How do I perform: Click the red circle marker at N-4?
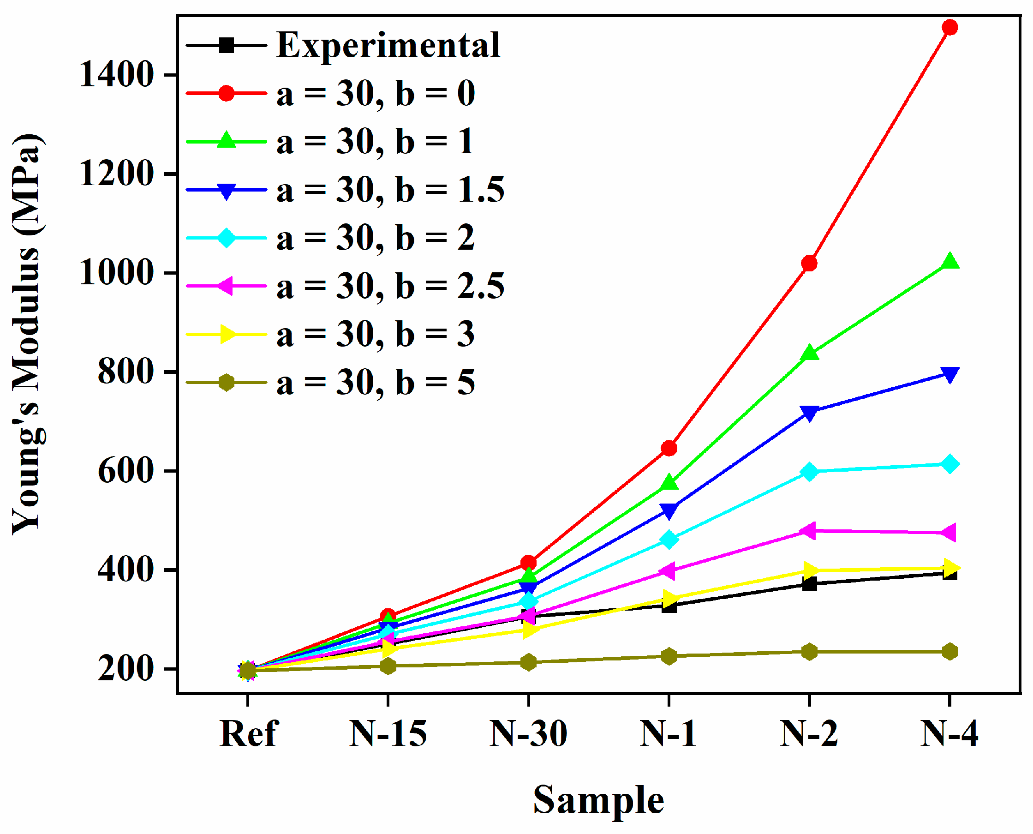(949, 27)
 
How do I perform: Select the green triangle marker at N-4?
(949, 262)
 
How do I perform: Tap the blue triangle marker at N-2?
(809, 413)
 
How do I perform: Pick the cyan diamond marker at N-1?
(669, 539)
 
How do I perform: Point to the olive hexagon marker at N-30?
(528, 662)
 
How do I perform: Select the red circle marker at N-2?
(809, 263)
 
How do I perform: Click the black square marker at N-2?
(809, 584)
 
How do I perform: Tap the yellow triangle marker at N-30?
(528, 630)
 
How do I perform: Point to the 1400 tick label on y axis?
(117, 75)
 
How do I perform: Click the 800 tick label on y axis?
(126, 372)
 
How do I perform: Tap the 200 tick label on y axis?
(126, 669)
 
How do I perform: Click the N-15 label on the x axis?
(388, 734)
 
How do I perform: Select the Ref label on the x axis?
(249, 734)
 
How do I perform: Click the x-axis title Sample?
(598, 800)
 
